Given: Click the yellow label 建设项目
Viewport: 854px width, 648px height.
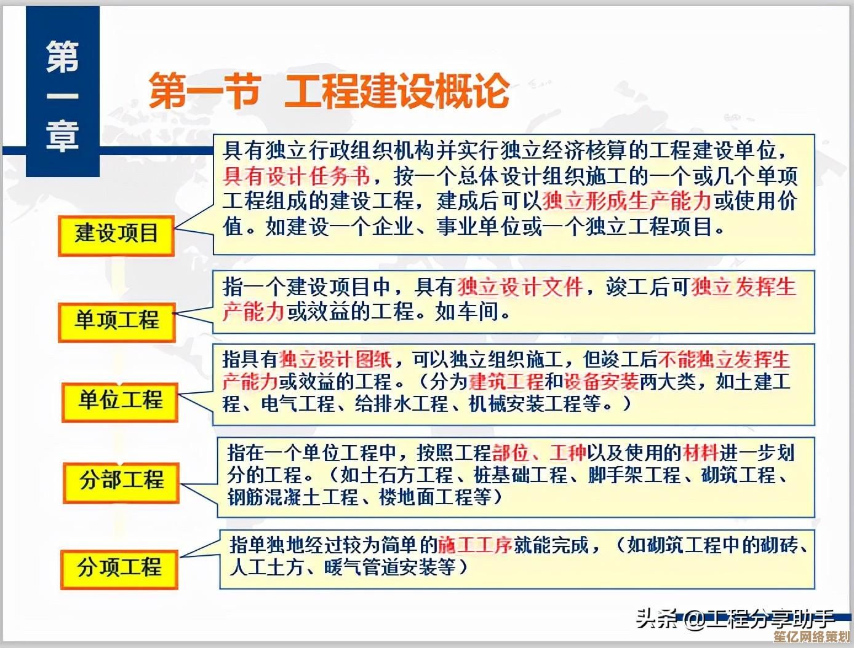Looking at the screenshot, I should click(116, 234).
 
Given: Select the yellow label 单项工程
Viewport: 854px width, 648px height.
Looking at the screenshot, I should click(117, 320).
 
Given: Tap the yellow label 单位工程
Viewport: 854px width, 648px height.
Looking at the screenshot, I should click(120, 401).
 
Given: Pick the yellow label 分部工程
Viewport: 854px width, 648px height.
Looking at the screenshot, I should click(121, 480).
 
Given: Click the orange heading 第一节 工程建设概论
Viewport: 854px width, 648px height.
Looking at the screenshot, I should click(329, 91).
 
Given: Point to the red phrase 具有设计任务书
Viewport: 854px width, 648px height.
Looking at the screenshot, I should click(297, 176).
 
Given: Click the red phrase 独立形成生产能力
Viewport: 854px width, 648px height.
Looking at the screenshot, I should click(627, 201).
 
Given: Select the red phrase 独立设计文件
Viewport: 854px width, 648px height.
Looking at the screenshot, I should click(520, 287).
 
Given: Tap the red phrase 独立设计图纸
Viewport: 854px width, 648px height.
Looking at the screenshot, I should click(335, 359).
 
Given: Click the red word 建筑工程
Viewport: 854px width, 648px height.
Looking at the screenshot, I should click(506, 382).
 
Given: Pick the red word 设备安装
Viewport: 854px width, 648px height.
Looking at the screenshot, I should click(601, 382).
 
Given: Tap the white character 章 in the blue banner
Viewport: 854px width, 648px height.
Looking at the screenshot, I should click(62, 137).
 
